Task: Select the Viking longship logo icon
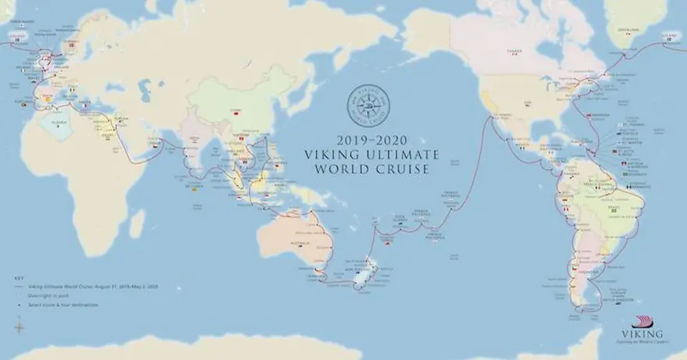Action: click(642, 323)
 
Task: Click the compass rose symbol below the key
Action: click(19, 327)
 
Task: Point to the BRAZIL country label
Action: click(613, 205)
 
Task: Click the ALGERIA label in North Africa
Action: click(54, 122)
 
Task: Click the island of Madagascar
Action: click(137, 223)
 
